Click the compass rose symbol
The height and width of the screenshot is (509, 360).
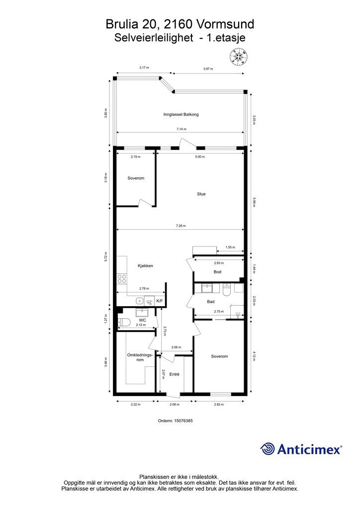point(239,56)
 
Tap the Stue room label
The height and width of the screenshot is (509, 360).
point(201,194)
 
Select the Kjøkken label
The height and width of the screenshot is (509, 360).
point(145,266)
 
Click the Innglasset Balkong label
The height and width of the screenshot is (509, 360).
point(181,114)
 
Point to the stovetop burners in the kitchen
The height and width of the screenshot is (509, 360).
point(122,278)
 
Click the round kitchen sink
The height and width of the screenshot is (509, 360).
point(140,301)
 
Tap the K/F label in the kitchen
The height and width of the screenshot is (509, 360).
point(160,301)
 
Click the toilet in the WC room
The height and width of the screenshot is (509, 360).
point(124,322)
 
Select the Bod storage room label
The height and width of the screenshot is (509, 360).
point(217,272)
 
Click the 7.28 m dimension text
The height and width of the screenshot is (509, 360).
point(181,226)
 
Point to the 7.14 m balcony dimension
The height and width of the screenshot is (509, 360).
point(181,129)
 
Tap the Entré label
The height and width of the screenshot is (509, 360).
point(175,374)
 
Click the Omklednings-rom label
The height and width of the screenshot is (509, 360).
point(140,357)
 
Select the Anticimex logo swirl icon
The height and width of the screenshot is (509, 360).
point(268,449)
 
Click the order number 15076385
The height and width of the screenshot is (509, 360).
point(183,421)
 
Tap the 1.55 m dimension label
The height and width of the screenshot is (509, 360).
point(230,248)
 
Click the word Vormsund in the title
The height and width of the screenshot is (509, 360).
point(225,24)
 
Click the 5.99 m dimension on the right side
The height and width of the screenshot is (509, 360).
point(254,203)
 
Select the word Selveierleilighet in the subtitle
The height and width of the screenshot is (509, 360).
point(154,38)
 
